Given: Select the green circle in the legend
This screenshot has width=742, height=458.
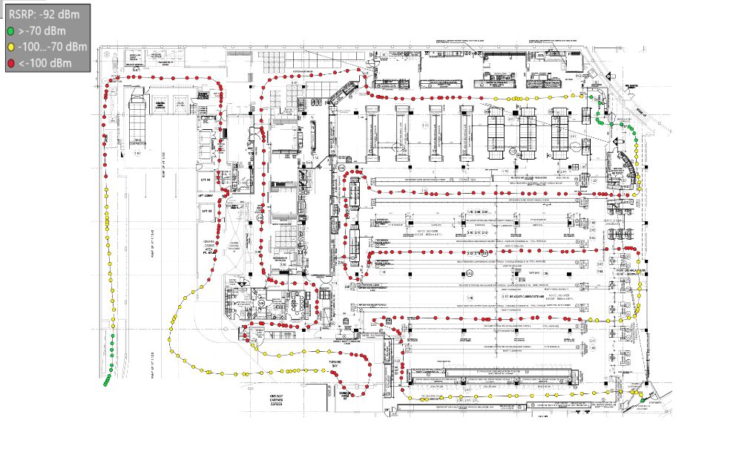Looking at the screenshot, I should point(10,31).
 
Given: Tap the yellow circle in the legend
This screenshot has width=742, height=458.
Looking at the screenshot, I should point(10,47).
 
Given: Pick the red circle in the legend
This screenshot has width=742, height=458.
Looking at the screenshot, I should point(10,63).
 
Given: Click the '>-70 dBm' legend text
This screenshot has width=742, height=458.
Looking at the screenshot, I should point(43,31).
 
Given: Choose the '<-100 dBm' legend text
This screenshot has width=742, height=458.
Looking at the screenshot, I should point(45,63).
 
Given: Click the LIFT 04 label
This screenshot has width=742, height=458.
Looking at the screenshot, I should point(206,180).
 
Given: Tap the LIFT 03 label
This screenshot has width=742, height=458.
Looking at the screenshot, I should point(207,211).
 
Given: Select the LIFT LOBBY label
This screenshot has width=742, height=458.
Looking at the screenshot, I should point(207,195).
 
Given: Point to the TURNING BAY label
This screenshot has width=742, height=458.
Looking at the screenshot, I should point(335,364).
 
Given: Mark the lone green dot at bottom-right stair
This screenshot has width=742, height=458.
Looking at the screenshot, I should point(640,401).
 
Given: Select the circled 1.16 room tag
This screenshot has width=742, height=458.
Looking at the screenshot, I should point(137,153).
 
